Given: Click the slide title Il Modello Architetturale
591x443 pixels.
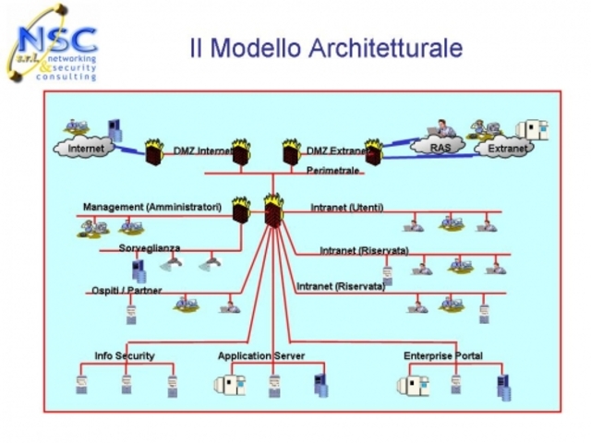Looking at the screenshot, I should pyautogui.click(x=326, y=47).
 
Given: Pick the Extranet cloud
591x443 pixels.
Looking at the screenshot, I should pyautogui.click(x=505, y=148).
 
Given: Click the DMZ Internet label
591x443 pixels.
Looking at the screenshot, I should pyautogui.click(x=202, y=150).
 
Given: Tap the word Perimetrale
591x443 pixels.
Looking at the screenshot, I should pyautogui.click(x=332, y=171).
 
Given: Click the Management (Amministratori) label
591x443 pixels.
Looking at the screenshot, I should pyautogui.click(x=151, y=208).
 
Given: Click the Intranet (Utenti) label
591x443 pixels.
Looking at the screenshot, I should pyautogui.click(x=347, y=207).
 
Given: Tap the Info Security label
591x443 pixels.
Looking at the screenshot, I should pyautogui.click(x=125, y=355).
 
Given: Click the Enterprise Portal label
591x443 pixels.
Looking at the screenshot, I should pyautogui.click(x=442, y=355).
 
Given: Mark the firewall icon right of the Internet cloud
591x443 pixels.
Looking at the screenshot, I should pyautogui.click(x=152, y=150).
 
